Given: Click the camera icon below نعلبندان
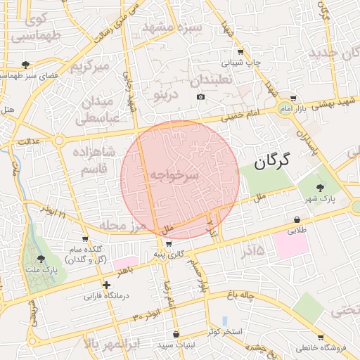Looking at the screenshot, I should [x=201, y=96].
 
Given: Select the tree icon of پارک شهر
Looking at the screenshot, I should [x=321, y=187].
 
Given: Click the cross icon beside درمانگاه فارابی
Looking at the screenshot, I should [x=106, y=285].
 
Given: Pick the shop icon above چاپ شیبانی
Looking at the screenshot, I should [x=240, y=52].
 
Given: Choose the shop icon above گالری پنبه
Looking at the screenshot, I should [x=169, y=243].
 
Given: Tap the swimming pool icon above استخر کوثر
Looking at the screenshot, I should [x=224, y=320].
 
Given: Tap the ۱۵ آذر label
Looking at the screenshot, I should [x=250, y=250].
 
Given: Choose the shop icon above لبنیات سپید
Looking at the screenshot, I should [x=175, y=334].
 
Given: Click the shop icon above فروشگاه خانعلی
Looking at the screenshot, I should [x=320, y=337].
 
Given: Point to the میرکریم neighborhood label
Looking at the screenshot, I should [x=91, y=67].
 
